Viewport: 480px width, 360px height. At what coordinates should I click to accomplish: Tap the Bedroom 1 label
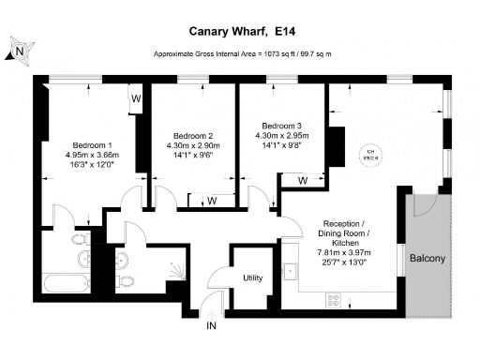pos(89,145)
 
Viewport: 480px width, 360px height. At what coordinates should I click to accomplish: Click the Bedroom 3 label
pos(282,126)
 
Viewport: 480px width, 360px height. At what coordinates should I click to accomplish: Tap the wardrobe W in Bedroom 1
pos(136,97)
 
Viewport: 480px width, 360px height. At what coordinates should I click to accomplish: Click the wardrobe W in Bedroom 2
pos(212,199)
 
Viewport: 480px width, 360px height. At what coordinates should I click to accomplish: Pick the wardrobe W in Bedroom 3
pos(303,179)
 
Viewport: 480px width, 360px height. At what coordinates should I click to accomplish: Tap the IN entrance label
pos(212,325)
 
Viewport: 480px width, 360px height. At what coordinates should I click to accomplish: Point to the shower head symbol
pos(174,272)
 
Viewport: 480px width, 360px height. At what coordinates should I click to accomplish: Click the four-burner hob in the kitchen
pos(332,299)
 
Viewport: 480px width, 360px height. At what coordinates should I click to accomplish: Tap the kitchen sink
pos(291,272)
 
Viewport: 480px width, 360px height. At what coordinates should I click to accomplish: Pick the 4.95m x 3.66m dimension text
pos(89,155)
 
